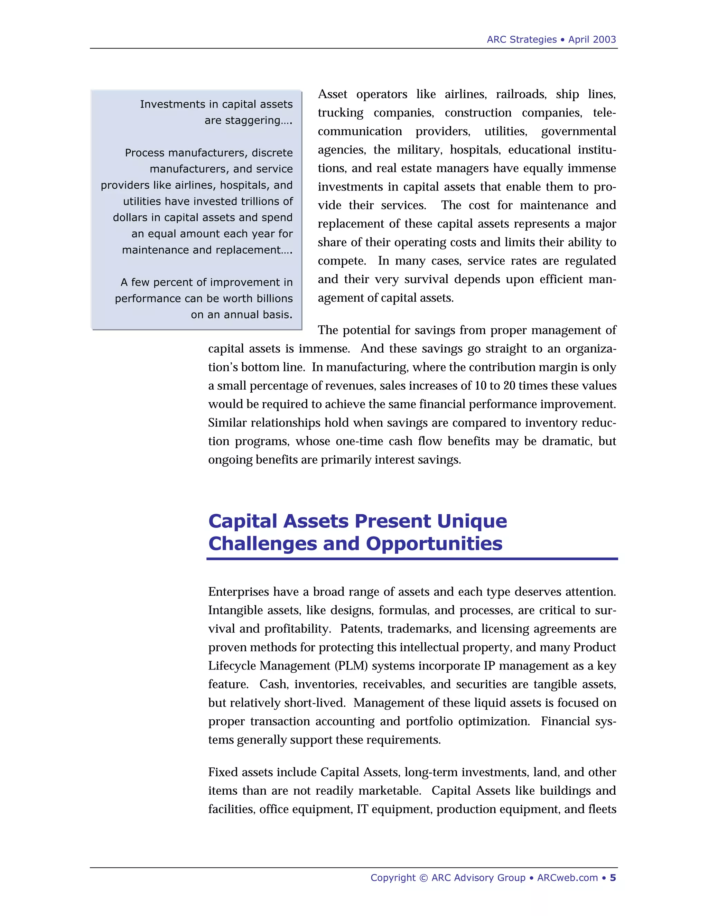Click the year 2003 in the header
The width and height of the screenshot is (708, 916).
pos(604,39)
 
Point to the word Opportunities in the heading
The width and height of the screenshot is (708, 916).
pos(434,544)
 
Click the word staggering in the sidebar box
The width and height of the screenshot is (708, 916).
pos(248,120)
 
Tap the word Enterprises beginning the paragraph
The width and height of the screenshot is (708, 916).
pos(239,592)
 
